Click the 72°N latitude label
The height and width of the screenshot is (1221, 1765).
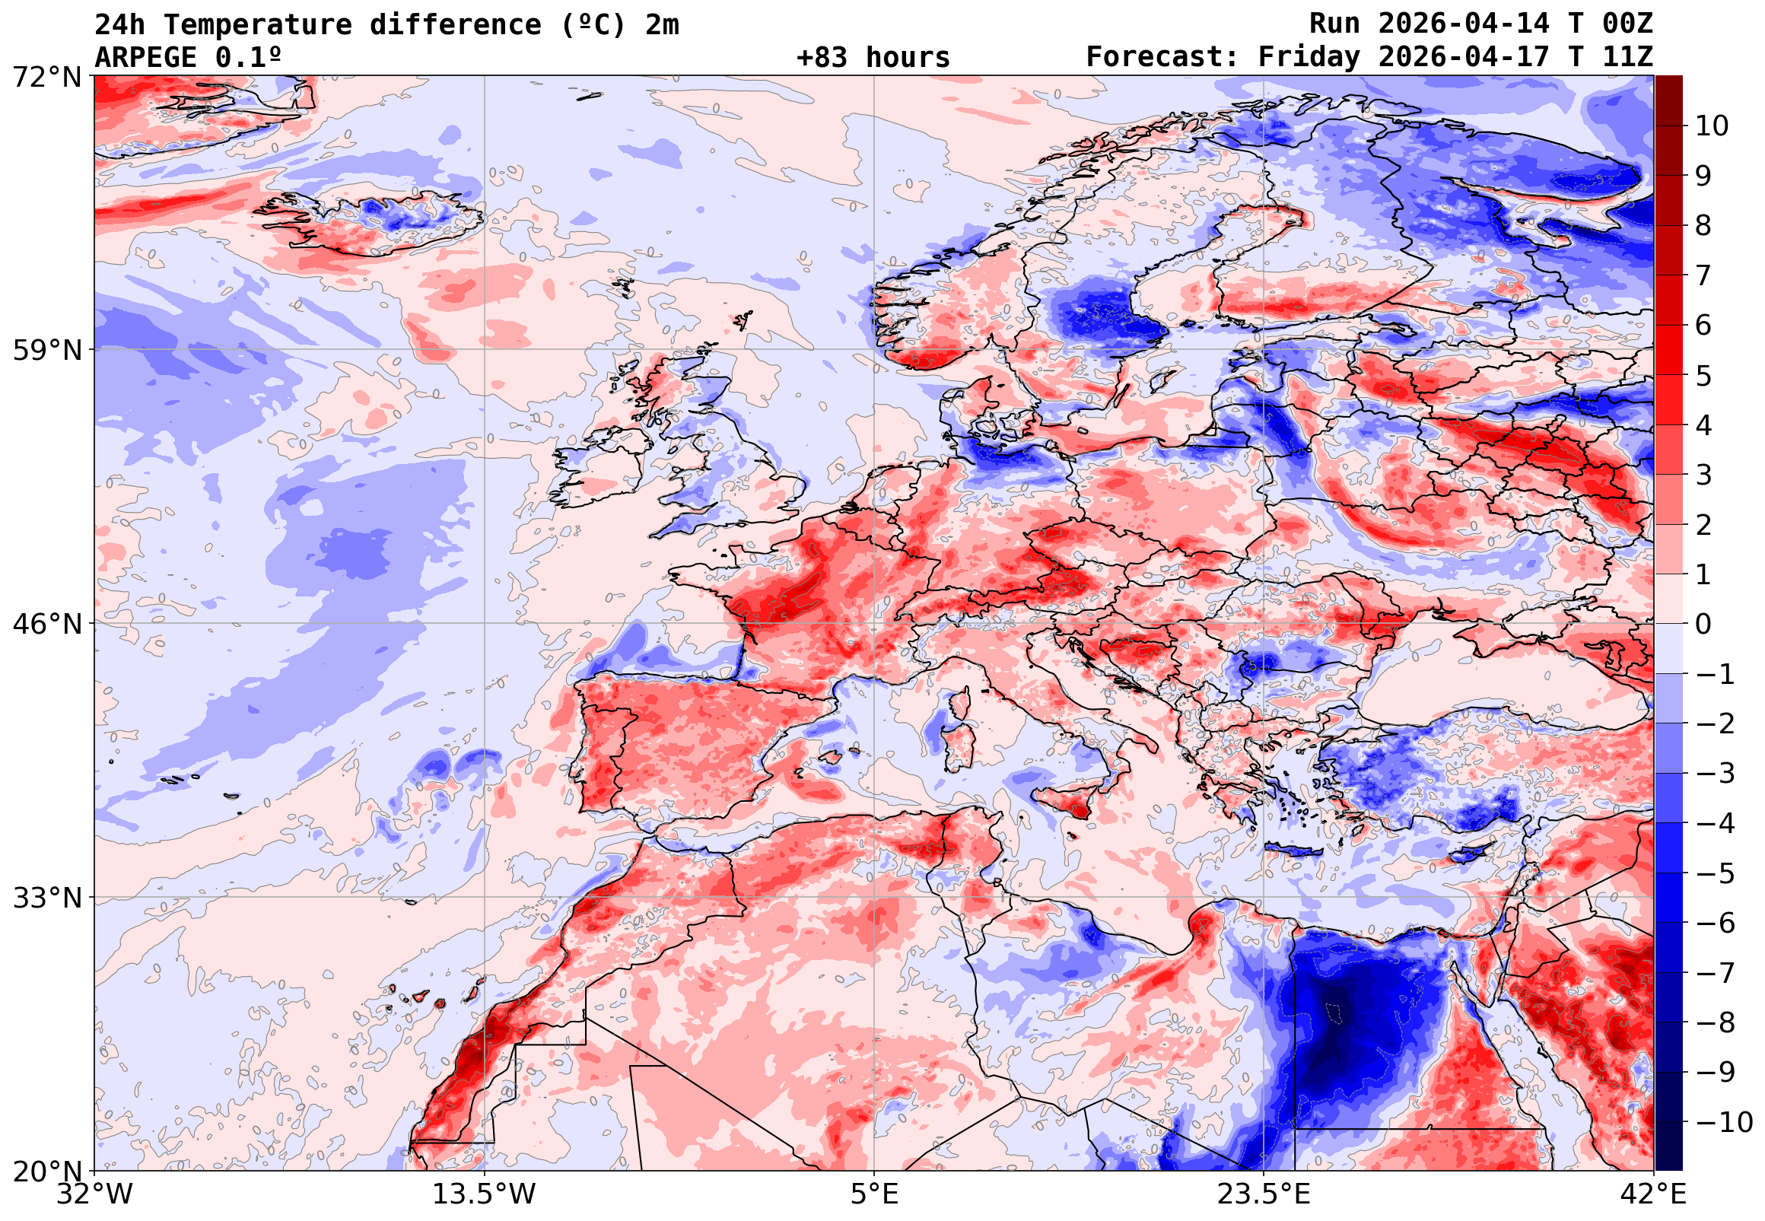coord(46,77)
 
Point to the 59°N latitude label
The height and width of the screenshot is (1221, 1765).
coord(46,351)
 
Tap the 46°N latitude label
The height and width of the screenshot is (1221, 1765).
coord(46,625)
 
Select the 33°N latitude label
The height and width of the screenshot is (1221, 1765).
coord(46,898)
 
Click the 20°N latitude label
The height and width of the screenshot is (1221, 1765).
coord(46,1172)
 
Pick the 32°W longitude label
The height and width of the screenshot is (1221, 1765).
coord(95,1194)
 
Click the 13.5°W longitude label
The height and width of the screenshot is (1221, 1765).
coord(485,1194)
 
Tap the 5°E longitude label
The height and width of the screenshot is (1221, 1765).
coord(874,1194)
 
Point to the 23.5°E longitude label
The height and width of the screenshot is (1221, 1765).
coord(1264,1194)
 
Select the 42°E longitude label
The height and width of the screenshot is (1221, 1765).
coord(1654,1194)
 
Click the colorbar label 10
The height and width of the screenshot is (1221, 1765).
coord(1712,126)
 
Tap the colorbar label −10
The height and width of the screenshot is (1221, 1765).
coord(1725,1123)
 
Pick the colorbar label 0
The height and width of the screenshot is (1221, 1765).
coord(1703,625)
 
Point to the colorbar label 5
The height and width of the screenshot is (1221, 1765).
coord(1703,377)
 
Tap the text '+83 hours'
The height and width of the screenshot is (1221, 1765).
coord(873,57)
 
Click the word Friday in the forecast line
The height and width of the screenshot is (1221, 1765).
coord(1309,57)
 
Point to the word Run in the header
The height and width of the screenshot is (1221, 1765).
coord(1334,25)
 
